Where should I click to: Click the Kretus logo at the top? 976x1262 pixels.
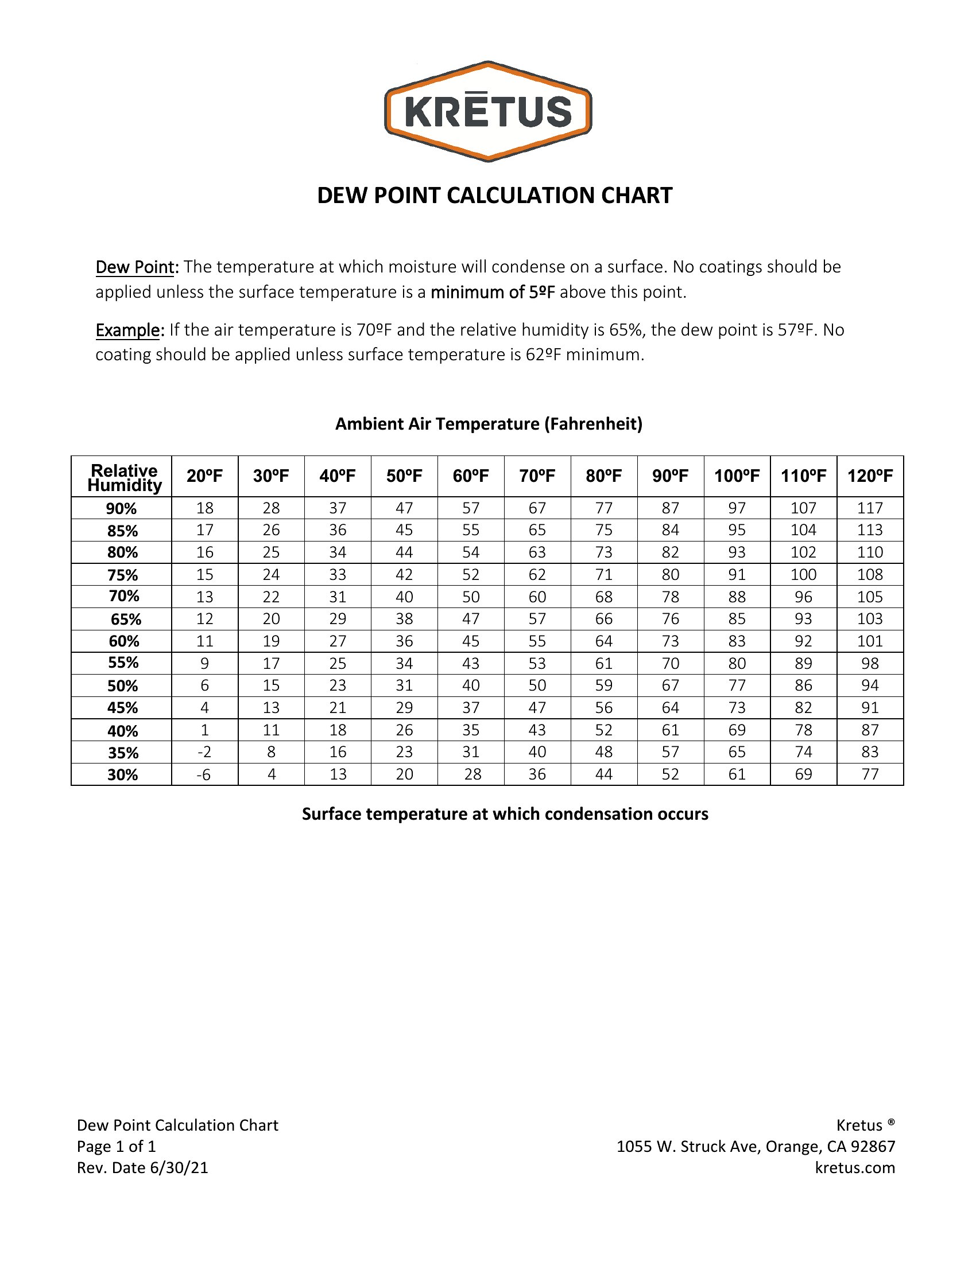pos(488,111)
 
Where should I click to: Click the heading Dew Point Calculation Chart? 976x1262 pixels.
pos(494,195)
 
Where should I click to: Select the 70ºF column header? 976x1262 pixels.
pos(537,476)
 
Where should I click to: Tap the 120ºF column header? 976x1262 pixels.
pos(870,476)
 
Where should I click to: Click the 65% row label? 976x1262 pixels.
pos(126,619)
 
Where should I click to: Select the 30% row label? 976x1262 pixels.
pos(123,774)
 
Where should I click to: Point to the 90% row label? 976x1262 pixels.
pos(121,508)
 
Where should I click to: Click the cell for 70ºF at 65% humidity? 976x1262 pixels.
pos(537,619)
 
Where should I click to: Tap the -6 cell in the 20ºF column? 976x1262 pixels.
pos(204,774)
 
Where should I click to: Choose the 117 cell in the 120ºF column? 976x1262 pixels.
pos(870,508)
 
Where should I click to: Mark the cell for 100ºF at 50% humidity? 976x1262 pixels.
pos(737,685)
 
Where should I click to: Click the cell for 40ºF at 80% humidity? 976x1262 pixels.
pos(338,552)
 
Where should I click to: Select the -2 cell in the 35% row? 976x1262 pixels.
pos(204,753)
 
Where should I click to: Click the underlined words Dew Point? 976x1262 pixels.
pos(135,267)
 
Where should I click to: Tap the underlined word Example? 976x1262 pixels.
pos(127,330)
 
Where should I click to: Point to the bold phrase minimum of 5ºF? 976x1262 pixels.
pos(493,293)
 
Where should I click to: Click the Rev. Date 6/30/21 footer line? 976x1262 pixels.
pos(142,1167)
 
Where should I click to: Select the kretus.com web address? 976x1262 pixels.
pos(855,1167)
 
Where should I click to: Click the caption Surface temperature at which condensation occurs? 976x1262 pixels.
pos(505,813)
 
